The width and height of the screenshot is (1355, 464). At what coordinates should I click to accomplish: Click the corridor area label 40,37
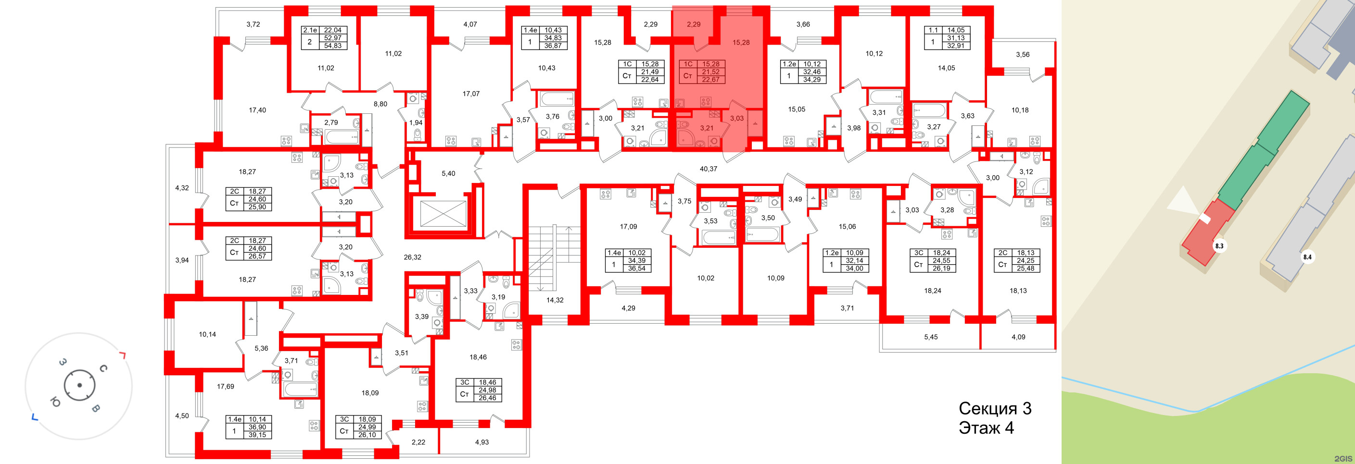click(708, 169)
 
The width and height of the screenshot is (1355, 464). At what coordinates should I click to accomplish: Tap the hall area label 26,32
click(412, 257)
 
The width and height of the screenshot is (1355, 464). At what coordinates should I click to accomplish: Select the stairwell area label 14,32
click(555, 300)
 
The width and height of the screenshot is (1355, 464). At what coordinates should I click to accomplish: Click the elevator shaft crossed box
click(443, 214)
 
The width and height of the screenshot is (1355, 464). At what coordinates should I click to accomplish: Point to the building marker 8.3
click(1219, 245)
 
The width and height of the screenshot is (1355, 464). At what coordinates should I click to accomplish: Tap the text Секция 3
click(995, 408)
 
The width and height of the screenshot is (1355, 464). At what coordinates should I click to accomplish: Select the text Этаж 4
click(986, 428)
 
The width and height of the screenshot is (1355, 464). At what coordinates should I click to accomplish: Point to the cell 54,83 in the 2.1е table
click(332, 46)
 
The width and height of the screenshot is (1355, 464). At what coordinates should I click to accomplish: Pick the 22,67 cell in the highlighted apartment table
click(710, 80)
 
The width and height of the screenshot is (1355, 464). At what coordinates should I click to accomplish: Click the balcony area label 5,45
click(931, 337)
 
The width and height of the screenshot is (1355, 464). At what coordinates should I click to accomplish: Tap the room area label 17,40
click(257, 110)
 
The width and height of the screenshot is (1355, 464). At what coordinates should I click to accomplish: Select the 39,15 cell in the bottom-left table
click(257, 435)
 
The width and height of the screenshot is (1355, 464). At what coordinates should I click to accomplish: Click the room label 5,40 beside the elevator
click(448, 173)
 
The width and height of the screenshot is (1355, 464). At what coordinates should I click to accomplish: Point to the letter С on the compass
click(103, 368)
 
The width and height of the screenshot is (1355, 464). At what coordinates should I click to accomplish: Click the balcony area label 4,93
click(481, 442)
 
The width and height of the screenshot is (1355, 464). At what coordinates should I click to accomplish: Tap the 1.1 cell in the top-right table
click(933, 30)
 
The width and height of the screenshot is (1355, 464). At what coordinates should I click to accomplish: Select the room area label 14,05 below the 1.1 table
click(946, 68)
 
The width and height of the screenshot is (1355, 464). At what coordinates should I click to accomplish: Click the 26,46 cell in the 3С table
click(487, 398)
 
